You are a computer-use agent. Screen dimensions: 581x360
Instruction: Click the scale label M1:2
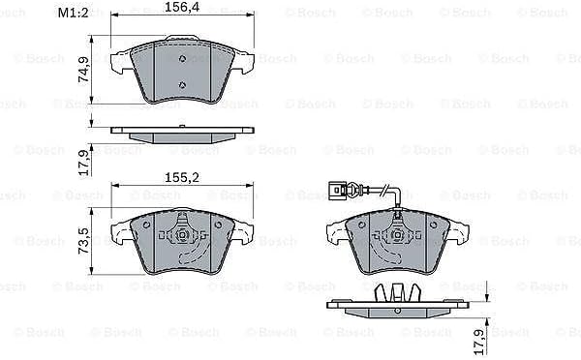point(74,13)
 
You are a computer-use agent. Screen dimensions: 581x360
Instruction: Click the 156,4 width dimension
point(182,7)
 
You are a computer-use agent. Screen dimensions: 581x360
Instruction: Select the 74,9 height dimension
point(83,71)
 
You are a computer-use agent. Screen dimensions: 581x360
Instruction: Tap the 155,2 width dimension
point(182,177)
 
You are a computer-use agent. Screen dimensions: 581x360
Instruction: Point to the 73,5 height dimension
point(83,241)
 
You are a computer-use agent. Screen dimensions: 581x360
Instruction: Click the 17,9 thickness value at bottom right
point(479,342)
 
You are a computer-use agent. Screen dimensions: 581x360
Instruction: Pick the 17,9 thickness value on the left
point(83,163)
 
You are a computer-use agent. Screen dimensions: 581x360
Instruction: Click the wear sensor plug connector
point(337,191)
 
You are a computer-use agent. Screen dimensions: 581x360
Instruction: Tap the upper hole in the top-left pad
point(182,58)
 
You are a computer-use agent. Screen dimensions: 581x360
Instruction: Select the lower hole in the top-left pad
point(182,85)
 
